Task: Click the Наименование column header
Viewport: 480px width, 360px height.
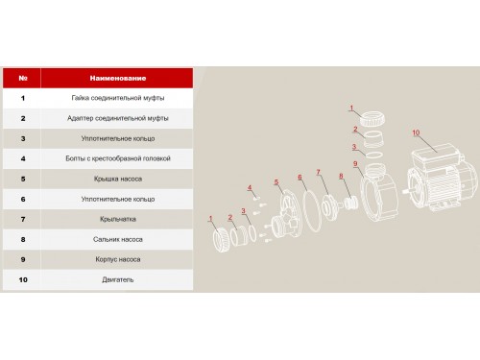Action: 118,78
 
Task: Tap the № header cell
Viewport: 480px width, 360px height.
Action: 23,78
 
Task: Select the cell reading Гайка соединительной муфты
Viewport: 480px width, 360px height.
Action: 118,98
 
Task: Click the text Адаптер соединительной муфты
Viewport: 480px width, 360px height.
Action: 118,118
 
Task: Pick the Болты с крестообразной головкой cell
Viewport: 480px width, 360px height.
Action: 118,158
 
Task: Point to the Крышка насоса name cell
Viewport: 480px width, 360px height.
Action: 118,179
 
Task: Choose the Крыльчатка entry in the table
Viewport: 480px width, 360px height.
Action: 118,219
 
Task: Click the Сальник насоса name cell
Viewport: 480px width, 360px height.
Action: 118,239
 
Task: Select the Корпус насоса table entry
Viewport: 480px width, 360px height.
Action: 118,259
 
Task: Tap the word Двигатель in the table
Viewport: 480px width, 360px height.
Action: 118,279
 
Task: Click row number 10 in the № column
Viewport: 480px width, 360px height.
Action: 23,279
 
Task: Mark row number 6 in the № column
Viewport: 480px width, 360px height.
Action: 23,199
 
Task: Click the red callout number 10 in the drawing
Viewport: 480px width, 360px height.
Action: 416,132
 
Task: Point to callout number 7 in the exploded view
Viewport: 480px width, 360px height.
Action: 318,172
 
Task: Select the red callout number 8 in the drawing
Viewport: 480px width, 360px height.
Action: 341,176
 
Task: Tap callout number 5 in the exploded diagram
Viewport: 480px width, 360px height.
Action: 276,182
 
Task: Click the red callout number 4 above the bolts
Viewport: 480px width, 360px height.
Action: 250,187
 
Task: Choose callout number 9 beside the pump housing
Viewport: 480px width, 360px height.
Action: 355,164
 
